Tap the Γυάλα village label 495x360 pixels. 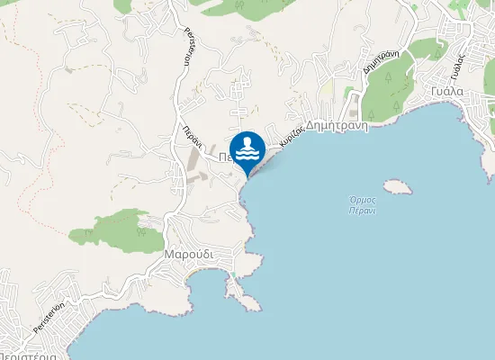click(445, 92)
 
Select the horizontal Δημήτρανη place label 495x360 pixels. click(338, 127)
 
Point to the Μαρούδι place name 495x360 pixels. click(188, 255)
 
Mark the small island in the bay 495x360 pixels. click(396, 187)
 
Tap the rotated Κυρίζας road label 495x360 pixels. click(290, 137)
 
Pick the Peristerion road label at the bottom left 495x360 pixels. click(51, 316)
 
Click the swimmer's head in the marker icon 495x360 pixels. click(247, 141)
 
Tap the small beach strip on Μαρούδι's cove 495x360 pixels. click(233, 275)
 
